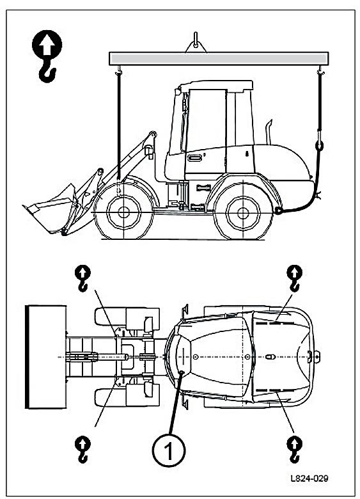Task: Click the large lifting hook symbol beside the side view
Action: tap(47, 56)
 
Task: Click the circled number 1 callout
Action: tap(169, 450)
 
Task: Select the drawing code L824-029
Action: tap(309, 479)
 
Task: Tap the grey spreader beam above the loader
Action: tap(219, 59)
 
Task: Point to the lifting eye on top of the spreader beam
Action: tap(196, 42)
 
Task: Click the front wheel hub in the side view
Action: tap(123, 212)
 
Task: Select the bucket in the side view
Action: tap(50, 209)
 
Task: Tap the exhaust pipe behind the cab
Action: tap(269, 132)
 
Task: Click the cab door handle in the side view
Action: tap(194, 157)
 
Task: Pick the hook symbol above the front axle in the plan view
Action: tap(82, 278)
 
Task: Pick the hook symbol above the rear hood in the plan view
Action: tap(295, 278)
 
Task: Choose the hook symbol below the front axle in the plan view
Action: tap(82, 450)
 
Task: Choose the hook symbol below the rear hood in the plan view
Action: tap(295, 450)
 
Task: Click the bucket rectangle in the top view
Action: tap(46, 357)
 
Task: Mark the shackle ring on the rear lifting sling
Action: tap(319, 146)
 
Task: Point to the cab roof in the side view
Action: tap(216, 85)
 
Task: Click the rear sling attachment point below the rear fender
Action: tap(279, 210)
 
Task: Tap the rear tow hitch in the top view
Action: tap(317, 357)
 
